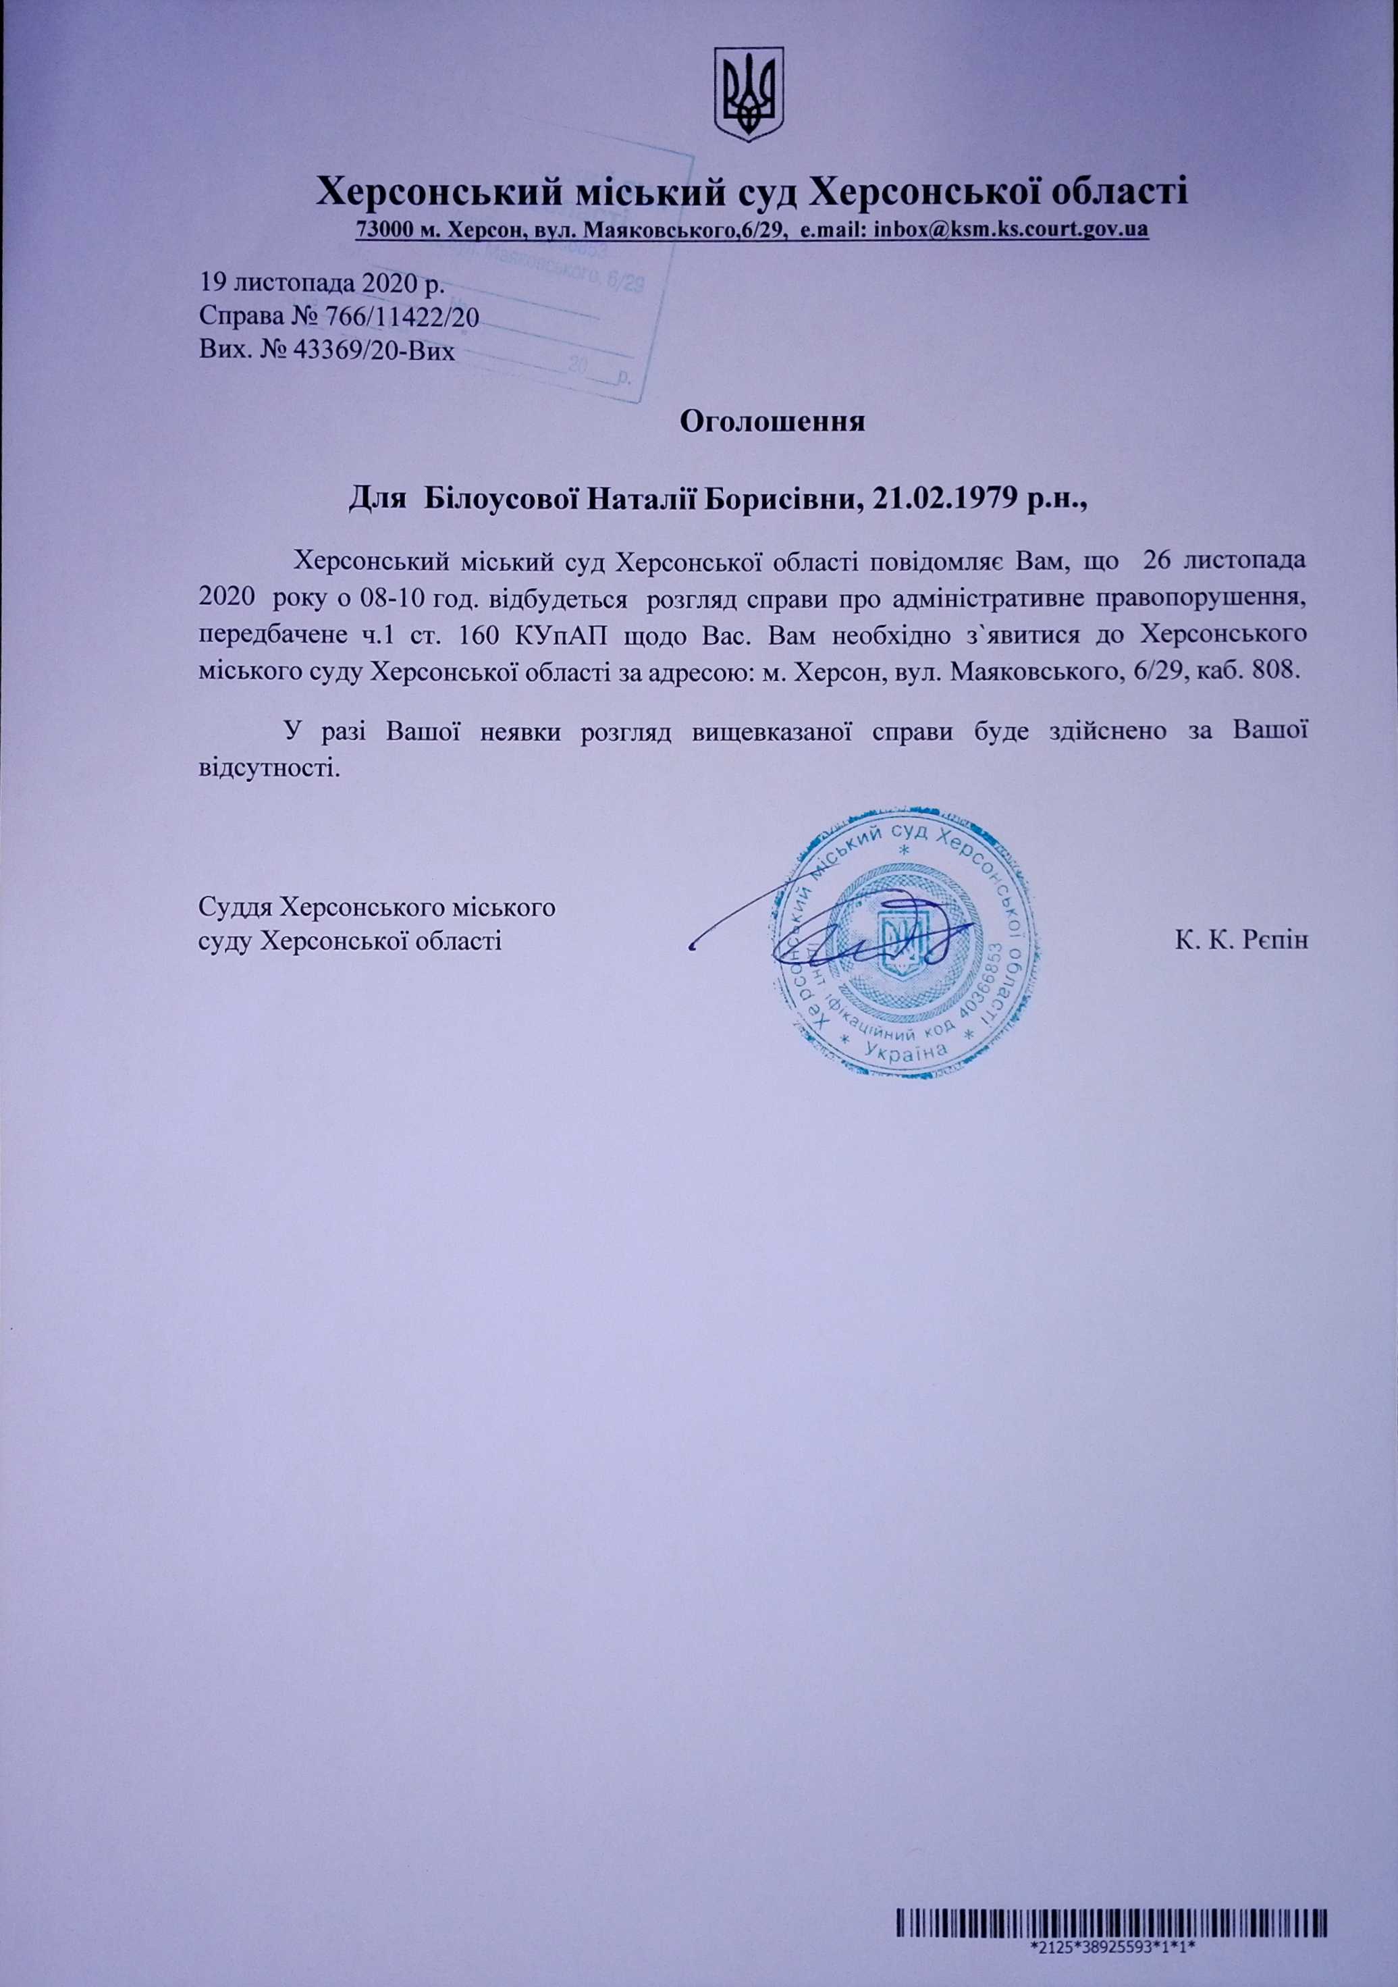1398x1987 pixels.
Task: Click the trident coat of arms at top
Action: (747, 95)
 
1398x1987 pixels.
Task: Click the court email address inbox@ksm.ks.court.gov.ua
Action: (1011, 230)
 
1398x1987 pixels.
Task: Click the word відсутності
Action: (265, 767)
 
